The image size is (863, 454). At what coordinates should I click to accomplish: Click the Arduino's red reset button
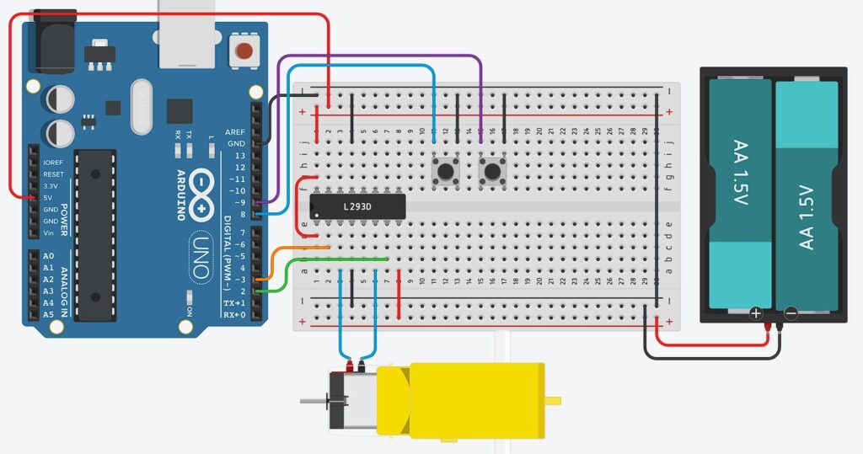244,51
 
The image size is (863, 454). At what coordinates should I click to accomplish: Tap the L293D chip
358,206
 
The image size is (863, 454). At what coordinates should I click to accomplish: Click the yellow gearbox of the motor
459,400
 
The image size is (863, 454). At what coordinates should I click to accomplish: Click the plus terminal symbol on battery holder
756,313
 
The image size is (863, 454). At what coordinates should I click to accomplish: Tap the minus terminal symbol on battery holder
791,313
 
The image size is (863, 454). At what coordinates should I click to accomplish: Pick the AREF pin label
234,132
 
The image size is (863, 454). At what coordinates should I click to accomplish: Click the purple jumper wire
379,56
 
